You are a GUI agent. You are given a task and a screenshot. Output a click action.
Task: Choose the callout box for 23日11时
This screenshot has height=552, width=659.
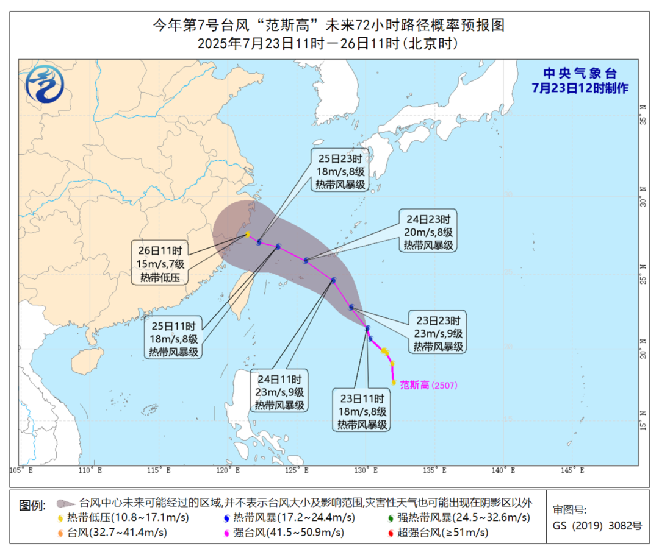361,411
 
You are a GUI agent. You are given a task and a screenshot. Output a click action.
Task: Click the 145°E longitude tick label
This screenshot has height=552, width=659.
573,470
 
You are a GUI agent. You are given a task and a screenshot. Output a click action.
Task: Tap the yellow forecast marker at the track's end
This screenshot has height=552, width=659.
248,234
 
